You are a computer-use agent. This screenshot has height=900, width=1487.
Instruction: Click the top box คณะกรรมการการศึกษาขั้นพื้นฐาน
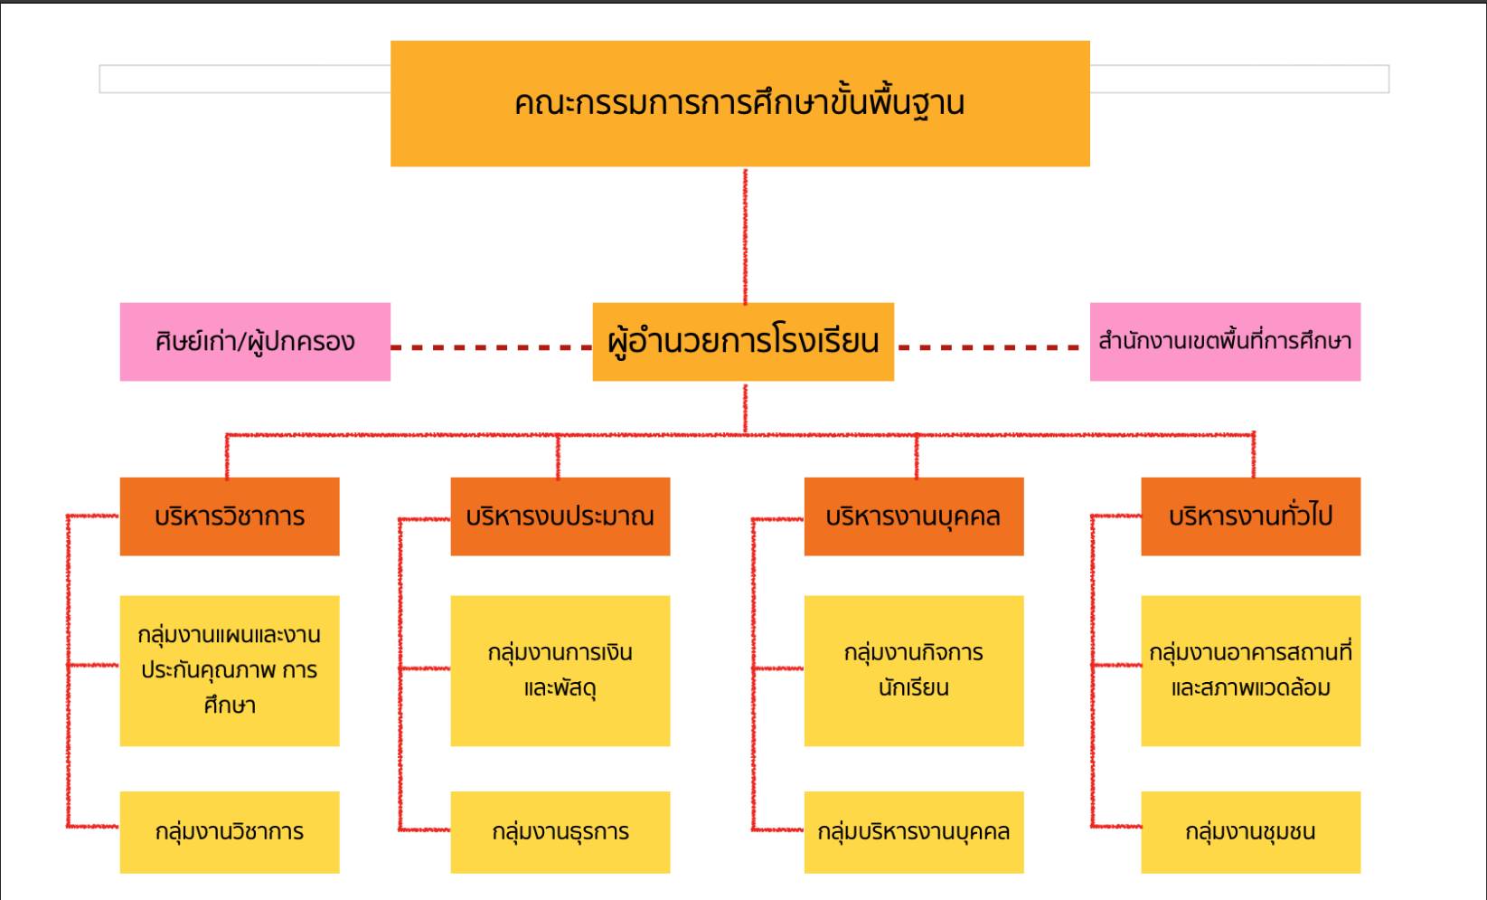pyautogui.click(x=739, y=103)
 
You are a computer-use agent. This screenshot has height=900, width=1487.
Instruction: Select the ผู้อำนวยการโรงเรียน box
pyautogui.click(x=743, y=342)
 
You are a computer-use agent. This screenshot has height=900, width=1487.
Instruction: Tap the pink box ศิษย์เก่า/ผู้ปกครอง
pyautogui.click(x=255, y=342)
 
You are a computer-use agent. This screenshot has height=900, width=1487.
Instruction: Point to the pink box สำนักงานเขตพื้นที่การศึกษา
pyautogui.click(x=1225, y=342)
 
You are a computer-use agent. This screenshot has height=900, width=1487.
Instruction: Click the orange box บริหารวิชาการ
pyautogui.click(x=230, y=516)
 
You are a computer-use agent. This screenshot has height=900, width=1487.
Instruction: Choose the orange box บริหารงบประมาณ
pyautogui.click(x=560, y=516)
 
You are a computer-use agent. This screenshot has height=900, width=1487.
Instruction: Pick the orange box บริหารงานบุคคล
pyautogui.click(x=914, y=516)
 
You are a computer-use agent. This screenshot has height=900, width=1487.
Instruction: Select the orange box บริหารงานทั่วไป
pyautogui.click(x=1250, y=516)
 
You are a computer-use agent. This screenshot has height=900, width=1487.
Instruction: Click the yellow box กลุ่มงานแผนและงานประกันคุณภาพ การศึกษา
pyautogui.click(x=230, y=670)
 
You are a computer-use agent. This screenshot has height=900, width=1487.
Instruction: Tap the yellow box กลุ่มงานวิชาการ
pyautogui.click(x=230, y=832)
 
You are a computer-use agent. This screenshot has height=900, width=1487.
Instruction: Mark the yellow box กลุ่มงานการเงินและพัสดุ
pyautogui.click(x=560, y=670)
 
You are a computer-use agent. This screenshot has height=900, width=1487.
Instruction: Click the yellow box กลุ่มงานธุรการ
pyautogui.click(x=560, y=832)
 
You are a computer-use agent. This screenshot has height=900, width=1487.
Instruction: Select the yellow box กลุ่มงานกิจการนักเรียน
pyautogui.click(x=914, y=670)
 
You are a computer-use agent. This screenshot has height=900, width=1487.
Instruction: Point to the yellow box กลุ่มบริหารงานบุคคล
pyautogui.click(x=914, y=832)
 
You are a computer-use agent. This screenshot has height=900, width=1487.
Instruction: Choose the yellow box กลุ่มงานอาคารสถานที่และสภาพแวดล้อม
pyautogui.click(x=1250, y=670)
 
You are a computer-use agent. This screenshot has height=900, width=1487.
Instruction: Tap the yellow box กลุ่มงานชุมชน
pyautogui.click(x=1250, y=832)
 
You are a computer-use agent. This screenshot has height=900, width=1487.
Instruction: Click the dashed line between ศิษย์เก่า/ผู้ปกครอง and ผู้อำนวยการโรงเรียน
pyautogui.click(x=491, y=346)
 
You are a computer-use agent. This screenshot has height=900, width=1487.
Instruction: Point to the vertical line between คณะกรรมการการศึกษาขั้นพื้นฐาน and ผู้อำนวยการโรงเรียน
pyautogui.click(x=745, y=235)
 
